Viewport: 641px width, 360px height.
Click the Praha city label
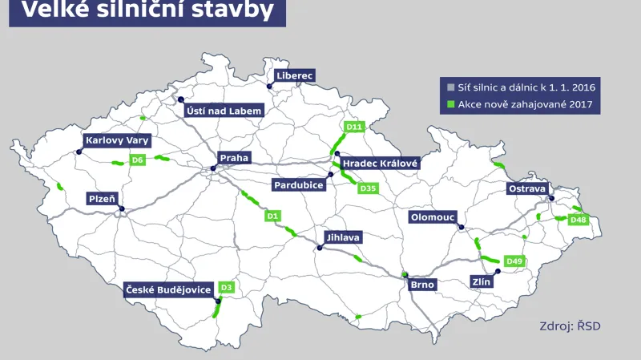click(234, 159)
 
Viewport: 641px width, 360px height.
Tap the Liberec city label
click(295, 75)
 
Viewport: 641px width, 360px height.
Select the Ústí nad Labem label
click(224, 111)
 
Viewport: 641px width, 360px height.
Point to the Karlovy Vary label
click(117, 140)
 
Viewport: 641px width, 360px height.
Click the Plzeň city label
click(103, 197)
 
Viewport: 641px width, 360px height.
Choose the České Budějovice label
click(168, 289)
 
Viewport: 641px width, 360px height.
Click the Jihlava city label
click(343, 238)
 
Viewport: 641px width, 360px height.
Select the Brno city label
click(422, 284)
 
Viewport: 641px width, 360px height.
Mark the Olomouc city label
click(433, 217)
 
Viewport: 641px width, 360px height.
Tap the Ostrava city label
click(527, 188)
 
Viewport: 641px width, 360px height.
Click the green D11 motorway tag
click(354, 127)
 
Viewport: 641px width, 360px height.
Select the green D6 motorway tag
click(138, 160)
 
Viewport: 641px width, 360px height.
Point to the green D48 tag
click(579, 220)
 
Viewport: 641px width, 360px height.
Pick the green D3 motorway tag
click(227, 287)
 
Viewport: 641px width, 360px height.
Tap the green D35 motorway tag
click(369, 188)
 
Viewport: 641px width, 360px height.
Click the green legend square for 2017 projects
click(451, 105)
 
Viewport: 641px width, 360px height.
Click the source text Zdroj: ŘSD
click(570, 326)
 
